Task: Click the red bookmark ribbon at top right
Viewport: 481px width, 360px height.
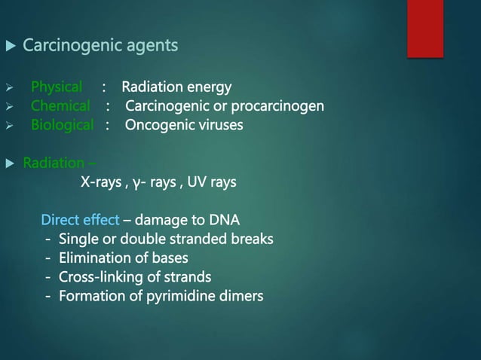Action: tap(424, 28)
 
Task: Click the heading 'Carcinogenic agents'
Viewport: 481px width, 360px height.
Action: tap(100, 46)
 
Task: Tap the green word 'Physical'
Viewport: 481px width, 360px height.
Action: tap(57, 87)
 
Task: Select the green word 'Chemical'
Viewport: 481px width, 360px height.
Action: tap(60, 105)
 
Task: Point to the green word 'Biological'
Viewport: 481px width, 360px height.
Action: tap(62, 124)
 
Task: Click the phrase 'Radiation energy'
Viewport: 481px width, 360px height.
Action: tap(176, 87)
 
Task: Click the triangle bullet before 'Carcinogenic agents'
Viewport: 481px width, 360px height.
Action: tap(10, 47)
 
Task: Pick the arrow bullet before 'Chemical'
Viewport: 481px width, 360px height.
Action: tap(10, 106)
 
